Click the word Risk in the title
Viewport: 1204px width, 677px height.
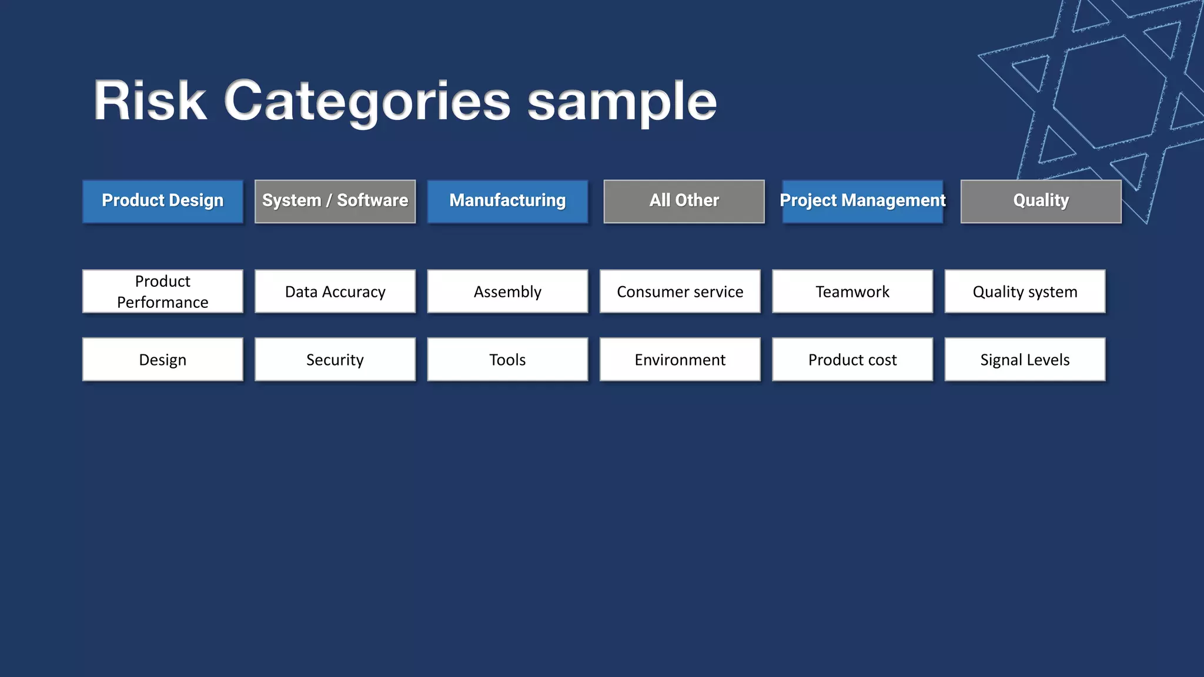150,101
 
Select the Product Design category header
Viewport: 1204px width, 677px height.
163,201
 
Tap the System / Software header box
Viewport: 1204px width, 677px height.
335,201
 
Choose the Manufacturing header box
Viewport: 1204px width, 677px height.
507,201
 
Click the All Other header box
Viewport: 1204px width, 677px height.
684,201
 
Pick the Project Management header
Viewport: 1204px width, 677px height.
862,201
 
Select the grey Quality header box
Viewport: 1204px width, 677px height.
1041,201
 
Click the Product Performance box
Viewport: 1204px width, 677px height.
163,291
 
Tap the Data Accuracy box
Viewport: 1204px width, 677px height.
335,291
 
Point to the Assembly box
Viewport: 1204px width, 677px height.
507,291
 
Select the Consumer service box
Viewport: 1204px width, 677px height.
680,291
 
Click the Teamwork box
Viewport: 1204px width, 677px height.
852,291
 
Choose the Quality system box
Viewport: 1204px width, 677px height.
1025,291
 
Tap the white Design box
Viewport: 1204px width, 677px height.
163,359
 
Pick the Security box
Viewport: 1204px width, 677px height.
335,359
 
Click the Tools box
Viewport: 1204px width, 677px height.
507,359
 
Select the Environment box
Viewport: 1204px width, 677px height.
680,359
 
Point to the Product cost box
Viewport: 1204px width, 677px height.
852,359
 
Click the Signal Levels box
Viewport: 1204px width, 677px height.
1025,359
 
